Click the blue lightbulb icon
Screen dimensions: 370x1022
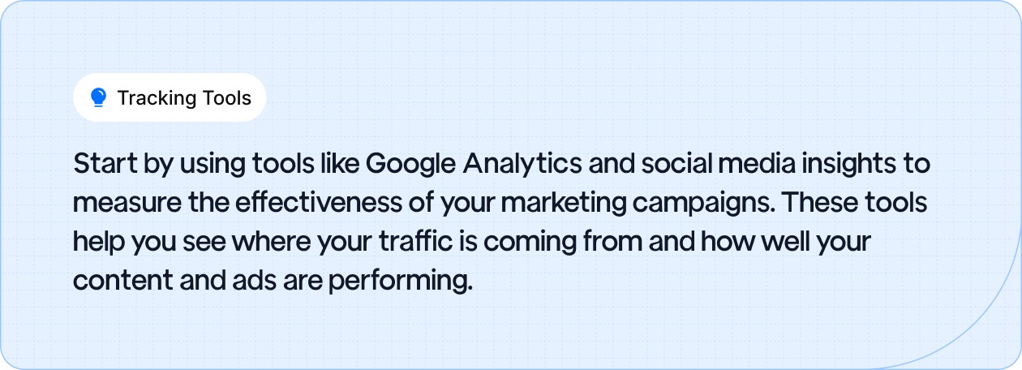[x=98, y=98]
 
